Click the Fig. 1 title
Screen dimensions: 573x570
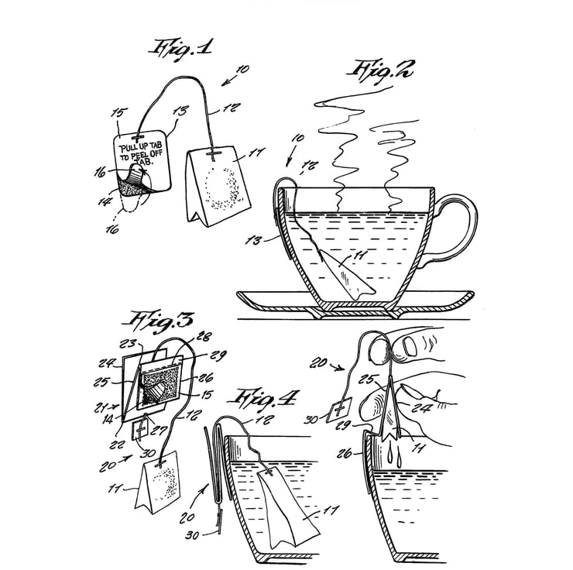pos(180,50)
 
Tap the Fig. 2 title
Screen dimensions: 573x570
pos(380,72)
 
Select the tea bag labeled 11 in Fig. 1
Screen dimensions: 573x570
pos(218,186)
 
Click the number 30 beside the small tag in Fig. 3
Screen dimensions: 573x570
pos(148,453)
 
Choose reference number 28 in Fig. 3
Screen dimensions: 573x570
pos(204,336)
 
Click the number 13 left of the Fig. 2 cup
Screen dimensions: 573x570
pos(254,241)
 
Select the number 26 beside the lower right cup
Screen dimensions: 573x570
pos(344,453)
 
